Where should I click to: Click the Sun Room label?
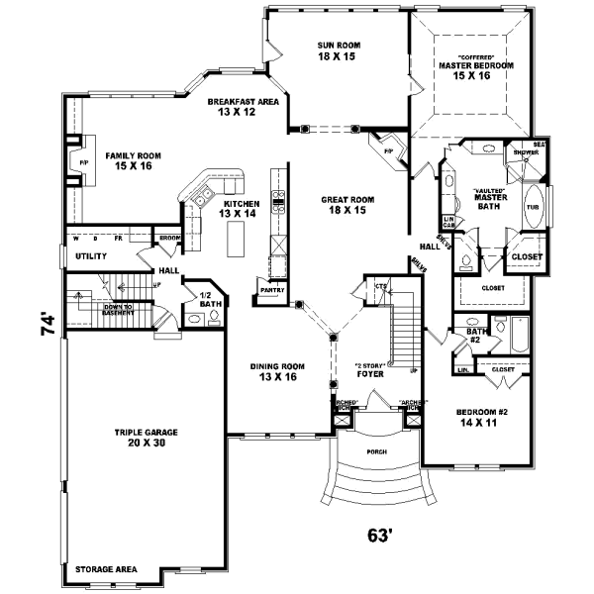(x=337, y=51)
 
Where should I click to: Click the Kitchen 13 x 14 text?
(x=238, y=208)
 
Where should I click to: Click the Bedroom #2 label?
(x=482, y=416)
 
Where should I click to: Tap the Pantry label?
(x=272, y=290)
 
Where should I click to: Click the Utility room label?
(x=91, y=256)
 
